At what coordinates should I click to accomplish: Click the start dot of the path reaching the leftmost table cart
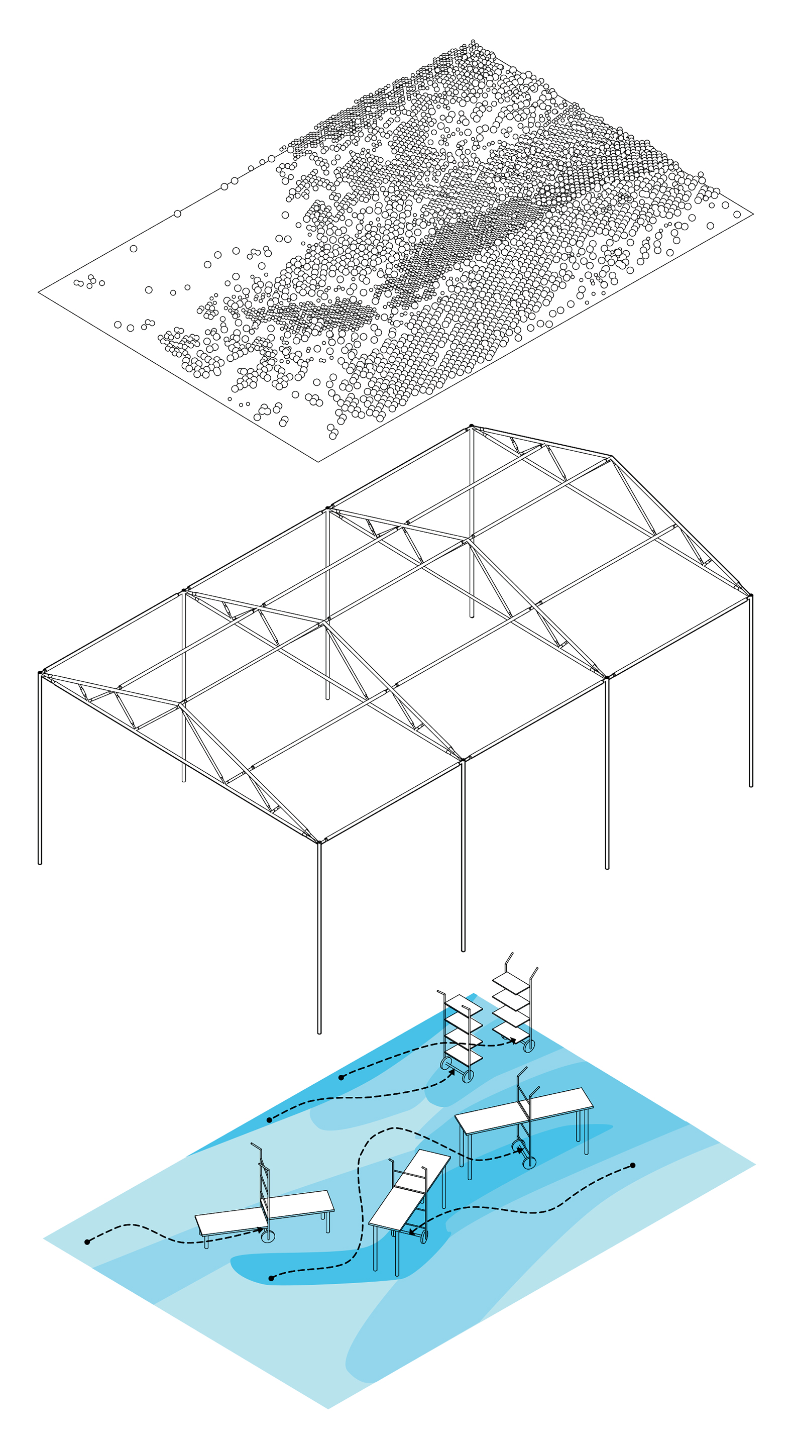point(87,1242)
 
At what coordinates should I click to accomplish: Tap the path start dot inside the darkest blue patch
point(272,1279)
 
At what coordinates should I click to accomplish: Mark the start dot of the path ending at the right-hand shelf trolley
point(342,1077)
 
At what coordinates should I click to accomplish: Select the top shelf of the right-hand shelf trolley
point(511,980)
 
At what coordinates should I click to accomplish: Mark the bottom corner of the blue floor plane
point(328,1408)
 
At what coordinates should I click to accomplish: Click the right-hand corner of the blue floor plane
point(755,1165)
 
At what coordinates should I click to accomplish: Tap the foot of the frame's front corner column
point(319,1032)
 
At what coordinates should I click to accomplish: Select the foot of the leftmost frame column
point(40,863)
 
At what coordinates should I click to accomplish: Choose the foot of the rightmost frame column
point(751,785)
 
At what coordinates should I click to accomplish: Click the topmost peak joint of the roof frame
point(472,427)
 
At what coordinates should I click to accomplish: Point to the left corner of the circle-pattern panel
point(39,291)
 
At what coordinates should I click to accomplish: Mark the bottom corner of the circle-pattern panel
point(319,462)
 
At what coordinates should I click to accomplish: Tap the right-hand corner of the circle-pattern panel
point(753,214)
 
